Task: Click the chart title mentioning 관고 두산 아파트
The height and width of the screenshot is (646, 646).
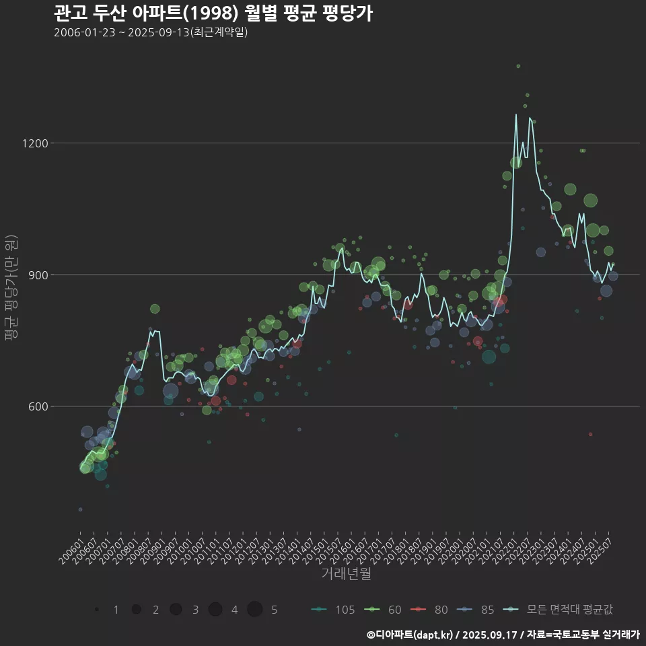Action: click(213, 13)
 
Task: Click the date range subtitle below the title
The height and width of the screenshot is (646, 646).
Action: click(151, 32)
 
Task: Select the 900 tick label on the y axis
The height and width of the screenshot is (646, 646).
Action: click(38, 275)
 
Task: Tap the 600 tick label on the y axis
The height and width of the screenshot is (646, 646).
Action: click(38, 406)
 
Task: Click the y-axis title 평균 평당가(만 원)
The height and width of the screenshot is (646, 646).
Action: click(11, 289)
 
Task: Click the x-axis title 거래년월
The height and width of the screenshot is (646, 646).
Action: click(346, 574)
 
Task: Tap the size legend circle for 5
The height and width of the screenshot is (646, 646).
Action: click(254, 610)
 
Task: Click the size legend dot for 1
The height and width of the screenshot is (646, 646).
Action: click(98, 610)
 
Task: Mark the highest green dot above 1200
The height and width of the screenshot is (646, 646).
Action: click(518, 66)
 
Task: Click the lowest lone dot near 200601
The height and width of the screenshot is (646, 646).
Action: click(80, 509)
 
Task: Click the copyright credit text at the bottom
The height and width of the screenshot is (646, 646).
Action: click(503, 635)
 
